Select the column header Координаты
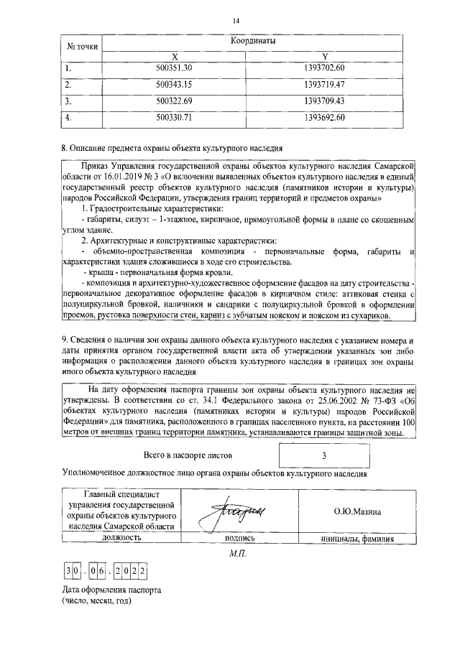253,42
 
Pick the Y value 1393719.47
325,84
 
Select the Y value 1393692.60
325,116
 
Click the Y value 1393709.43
325,100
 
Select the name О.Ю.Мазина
357,511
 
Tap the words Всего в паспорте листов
188,455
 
